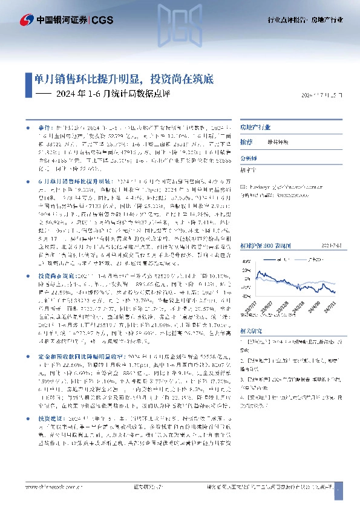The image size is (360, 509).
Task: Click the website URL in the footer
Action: point(54,485)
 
